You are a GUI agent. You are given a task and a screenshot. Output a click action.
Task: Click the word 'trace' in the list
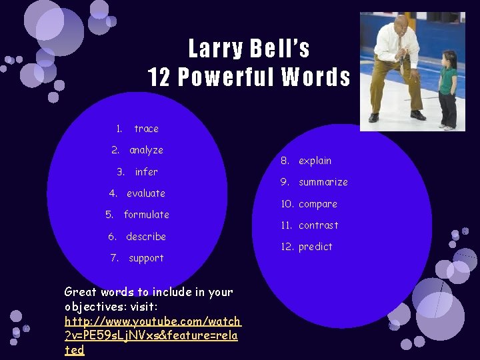[146, 129]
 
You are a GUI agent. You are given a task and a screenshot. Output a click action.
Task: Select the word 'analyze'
[146, 150]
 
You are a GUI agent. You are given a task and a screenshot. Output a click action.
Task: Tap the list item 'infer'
[146, 172]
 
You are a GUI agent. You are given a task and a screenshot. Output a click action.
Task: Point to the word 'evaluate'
[146, 193]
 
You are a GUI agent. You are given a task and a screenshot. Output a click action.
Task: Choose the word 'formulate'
[146, 215]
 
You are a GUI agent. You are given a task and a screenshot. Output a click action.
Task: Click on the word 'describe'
[146, 237]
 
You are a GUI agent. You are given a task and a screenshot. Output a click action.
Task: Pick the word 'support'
[146, 258]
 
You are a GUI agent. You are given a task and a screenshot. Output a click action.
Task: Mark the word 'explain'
[315, 161]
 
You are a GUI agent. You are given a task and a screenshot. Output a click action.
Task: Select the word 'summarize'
[323, 182]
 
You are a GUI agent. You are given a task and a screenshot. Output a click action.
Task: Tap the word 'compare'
[317, 204]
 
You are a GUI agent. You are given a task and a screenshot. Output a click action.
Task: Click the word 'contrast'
[318, 225]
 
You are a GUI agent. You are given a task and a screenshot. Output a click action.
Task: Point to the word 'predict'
[315, 247]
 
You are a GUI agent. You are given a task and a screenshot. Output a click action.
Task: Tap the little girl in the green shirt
[448, 90]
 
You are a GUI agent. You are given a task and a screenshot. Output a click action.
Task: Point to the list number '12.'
[287, 247]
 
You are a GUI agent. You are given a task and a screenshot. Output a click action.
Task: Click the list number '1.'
[118, 129]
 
